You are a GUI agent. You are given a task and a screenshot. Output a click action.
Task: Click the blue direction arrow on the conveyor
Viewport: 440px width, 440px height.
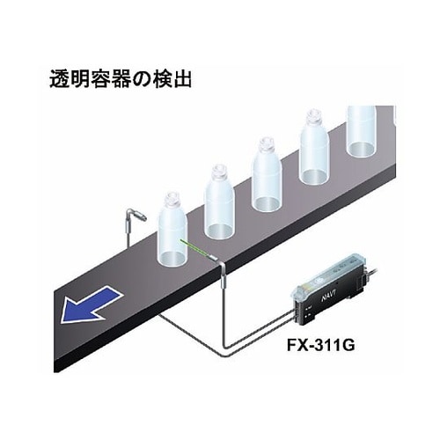(x=90, y=307)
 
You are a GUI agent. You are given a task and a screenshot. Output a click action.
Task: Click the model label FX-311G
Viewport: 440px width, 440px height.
(x=320, y=345)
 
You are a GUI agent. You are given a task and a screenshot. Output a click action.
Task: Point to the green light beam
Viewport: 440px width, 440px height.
(x=195, y=248)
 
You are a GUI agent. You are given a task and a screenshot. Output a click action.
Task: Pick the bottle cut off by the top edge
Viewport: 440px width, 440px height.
(x=361, y=130)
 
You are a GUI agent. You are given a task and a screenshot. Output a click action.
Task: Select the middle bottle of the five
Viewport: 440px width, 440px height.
(x=267, y=175)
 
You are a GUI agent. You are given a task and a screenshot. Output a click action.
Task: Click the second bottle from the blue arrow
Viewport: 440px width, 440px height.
(x=219, y=202)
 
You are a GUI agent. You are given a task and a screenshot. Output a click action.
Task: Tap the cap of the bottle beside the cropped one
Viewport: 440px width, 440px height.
(x=313, y=116)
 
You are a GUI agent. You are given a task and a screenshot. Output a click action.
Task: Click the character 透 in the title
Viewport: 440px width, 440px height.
(x=60, y=78)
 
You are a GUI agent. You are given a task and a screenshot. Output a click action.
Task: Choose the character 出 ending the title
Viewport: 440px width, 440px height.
(x=181, y=78)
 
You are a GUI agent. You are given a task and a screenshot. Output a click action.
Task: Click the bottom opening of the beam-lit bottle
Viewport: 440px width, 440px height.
(x=172, y=259)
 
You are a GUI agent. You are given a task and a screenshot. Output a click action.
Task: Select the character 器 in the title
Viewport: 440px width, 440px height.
(x=120, y=78)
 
